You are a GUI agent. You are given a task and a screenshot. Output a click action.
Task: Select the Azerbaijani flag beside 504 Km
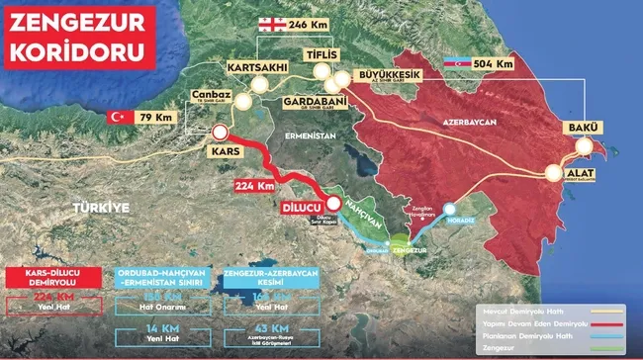457,62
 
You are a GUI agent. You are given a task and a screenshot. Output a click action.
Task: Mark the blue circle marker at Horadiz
451,209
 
